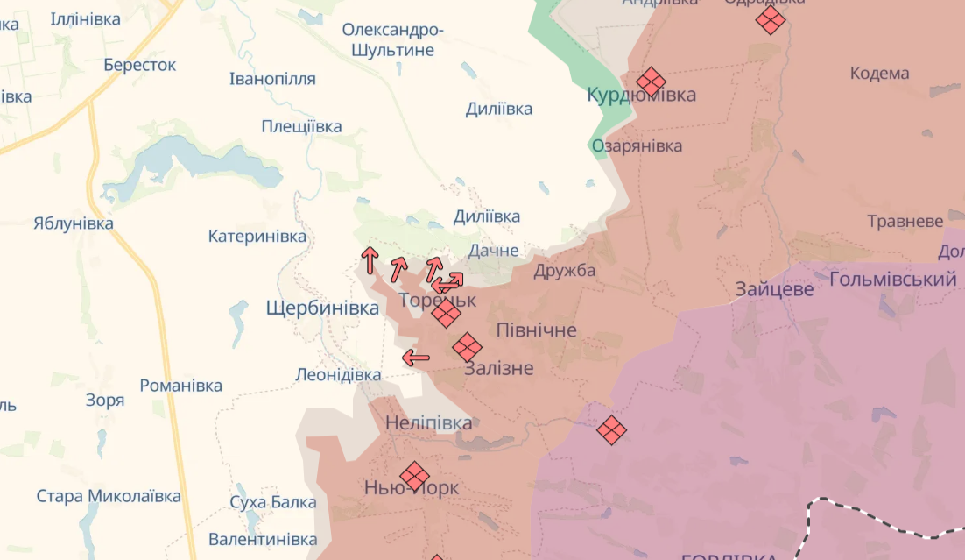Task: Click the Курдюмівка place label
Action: tap(641, 95)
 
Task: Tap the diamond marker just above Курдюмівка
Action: tap(651, 82)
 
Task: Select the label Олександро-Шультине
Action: tap(392, 40)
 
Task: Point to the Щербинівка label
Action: tap(322, 308)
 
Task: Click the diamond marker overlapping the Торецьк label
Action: tap(446, 313)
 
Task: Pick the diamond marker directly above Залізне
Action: tap(467, 347)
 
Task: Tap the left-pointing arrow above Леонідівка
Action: tap(416, 357)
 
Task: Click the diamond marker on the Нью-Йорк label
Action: tap(414, 477)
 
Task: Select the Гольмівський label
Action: tap(891, 280)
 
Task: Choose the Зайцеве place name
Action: tap(774, 288)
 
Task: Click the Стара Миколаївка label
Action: tap(109, 496)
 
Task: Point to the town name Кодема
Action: tap(879, 74)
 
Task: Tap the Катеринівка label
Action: tap(257, 237)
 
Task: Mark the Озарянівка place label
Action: tap(637, 145)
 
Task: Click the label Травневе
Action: tap(905, 221)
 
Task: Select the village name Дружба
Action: tap(564, 270)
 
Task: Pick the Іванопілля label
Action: tap(272, 79)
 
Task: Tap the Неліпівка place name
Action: tap(428, 423)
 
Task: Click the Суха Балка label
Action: tap(272, 502)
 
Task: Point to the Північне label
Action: tap(536, 330)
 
